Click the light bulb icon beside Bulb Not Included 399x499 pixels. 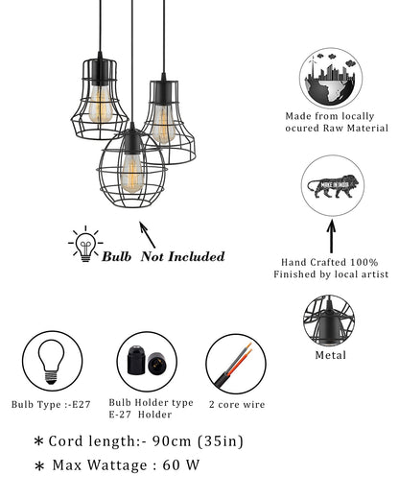(x=85, y=245)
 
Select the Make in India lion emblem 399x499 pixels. (x=331, y=184)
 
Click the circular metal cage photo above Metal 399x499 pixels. (x=332, y=322)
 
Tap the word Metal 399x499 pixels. (x=332, y=355)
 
